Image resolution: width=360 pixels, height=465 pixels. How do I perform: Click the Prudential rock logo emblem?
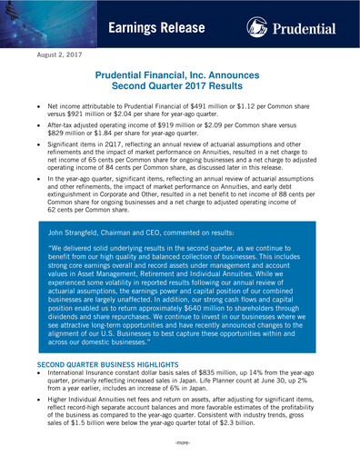(258, 25)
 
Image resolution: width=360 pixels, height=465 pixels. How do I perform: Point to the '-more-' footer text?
(180, 445)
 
